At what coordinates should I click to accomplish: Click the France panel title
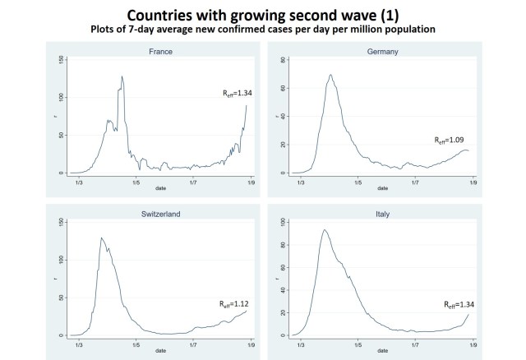162,51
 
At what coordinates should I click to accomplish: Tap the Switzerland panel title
162,214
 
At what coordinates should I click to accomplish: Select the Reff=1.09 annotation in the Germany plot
452,141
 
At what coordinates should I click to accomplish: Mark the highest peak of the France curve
122,76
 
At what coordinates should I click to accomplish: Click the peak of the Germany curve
330,75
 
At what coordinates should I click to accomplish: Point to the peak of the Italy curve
325,229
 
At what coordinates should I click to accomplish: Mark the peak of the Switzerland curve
102,238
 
